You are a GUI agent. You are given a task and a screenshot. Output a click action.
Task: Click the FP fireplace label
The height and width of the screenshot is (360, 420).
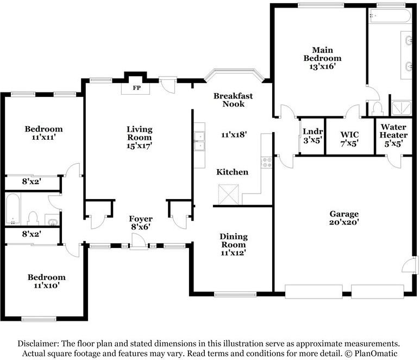point(136,88)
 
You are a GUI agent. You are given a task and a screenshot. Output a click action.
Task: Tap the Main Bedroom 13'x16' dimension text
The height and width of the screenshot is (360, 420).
point(323,66)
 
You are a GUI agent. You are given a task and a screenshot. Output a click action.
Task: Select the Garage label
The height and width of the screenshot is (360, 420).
point(344,214)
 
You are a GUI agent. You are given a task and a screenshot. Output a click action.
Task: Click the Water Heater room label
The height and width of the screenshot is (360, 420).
point(393,131)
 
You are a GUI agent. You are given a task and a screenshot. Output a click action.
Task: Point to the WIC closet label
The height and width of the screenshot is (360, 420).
point(349,134)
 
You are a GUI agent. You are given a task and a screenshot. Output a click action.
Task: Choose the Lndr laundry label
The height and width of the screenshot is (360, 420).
point(313,132)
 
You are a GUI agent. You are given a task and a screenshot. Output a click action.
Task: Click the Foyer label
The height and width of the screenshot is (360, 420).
point(141,219)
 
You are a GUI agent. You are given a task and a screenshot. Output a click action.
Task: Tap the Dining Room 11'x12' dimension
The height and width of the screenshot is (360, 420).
point(233,253)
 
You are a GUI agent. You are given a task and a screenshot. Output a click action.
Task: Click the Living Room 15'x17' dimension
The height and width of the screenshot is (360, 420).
point(139,146)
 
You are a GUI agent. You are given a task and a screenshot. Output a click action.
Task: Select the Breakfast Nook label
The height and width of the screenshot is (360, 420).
point(233,100)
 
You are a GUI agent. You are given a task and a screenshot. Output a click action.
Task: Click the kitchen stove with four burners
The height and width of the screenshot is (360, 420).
point(267,162)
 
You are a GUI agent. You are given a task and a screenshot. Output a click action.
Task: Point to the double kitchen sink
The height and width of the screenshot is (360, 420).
point(199,141)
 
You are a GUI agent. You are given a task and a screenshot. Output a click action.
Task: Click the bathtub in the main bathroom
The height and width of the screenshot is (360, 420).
point(390,16)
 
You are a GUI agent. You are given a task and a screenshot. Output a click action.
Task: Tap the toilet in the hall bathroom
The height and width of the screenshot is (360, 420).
point(33,219)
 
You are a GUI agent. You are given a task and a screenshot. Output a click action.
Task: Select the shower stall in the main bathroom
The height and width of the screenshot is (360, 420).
point(401,108)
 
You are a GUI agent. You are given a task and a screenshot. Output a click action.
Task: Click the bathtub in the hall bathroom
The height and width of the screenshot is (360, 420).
point(12,209)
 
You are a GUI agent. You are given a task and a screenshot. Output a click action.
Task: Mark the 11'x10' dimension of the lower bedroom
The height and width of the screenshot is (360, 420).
point(47,285)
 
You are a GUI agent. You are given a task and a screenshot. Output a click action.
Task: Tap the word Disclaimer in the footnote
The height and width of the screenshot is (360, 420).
point(39,343)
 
